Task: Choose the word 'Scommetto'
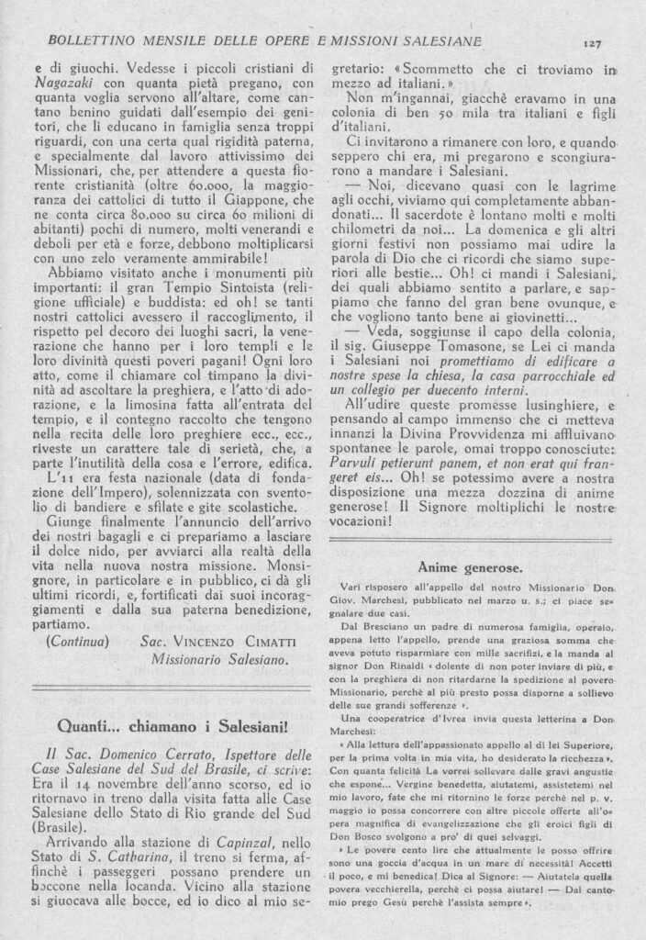click(447, 67)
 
